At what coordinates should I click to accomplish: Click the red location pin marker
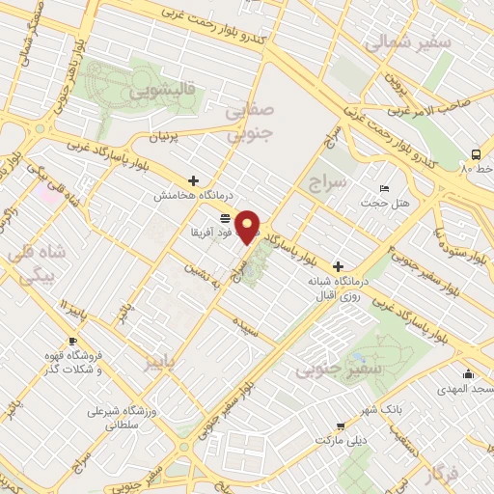pyautogui.click(x=249, y=227)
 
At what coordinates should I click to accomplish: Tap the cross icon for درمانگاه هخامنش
pyautogui.click(x=194, y=180)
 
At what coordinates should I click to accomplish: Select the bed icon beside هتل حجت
pyautogui.click(x=385, y=188)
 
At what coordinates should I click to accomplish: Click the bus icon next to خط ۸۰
pyautogui.click(x=475, y=154)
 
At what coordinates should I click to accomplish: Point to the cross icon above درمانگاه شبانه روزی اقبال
pyautogui.click(x=337, y=266)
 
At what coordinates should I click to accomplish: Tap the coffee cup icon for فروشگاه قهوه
pyautogui.click(x=72, y=342)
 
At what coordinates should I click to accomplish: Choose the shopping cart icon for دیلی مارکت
pyautogui.click(x=339, y=425)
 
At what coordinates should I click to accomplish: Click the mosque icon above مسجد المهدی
pyautogui.click(x=469, y=374)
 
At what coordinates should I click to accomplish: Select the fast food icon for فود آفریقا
pyautogui.click(x=225, y=217)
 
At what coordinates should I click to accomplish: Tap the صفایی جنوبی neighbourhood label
pyautogui.click(x=250, y=122)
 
